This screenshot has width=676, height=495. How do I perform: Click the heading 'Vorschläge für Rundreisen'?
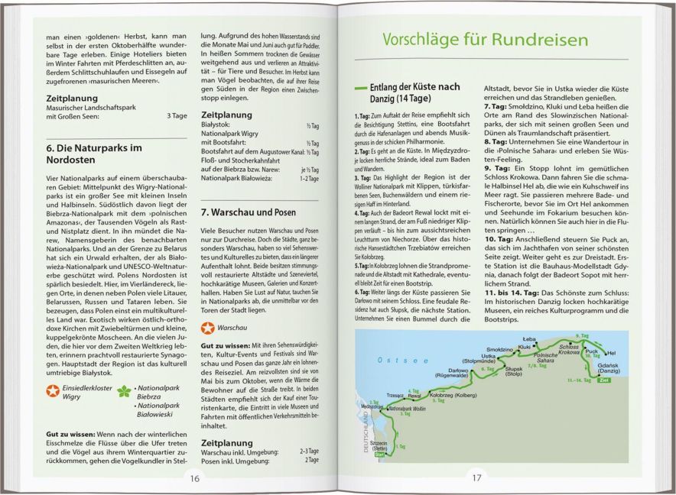tap(484, 40)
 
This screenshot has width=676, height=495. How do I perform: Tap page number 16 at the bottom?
tap(194, 478)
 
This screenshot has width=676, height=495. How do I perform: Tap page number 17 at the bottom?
tap(476, 478)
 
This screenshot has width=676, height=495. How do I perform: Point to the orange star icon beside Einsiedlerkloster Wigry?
tap(52, 391)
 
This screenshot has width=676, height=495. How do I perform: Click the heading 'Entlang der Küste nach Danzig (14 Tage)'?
tap(419, 94)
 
